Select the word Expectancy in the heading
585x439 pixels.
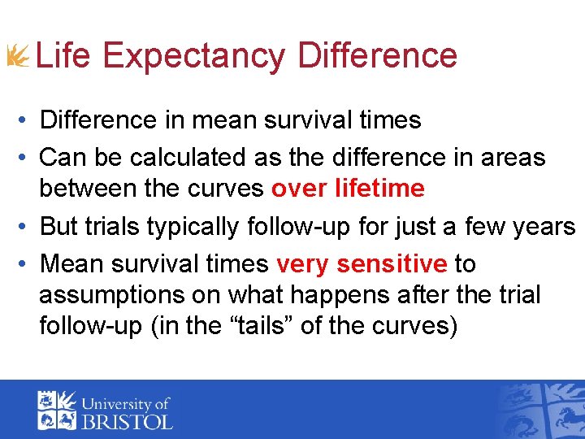[x=194, y=55]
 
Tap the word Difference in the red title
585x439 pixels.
[x=377, y=55]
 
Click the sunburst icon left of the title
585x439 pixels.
[x=17, y=56]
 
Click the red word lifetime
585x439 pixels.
[x=379, y=189]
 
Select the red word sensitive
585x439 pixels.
[x=392, y=264]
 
